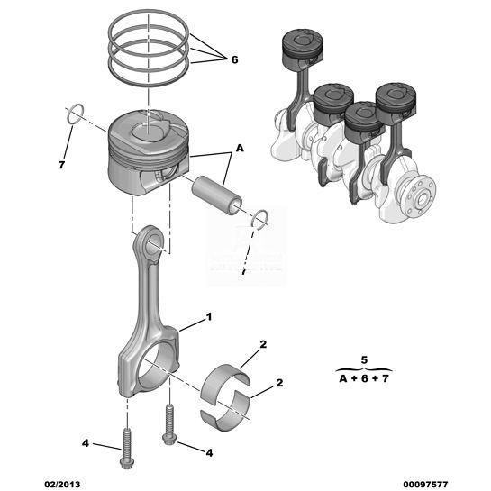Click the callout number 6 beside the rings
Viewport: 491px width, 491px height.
234,59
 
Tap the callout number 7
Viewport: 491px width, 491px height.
61,165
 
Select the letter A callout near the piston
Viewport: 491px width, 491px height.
240,148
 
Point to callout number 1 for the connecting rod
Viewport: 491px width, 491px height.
209,317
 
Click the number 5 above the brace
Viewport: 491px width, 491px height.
364,359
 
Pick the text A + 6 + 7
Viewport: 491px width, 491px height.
364,378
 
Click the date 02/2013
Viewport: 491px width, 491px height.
62,484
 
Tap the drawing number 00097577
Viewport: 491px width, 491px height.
425,484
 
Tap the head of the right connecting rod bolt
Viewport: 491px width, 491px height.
168,439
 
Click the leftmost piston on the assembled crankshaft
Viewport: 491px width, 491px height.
302,50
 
